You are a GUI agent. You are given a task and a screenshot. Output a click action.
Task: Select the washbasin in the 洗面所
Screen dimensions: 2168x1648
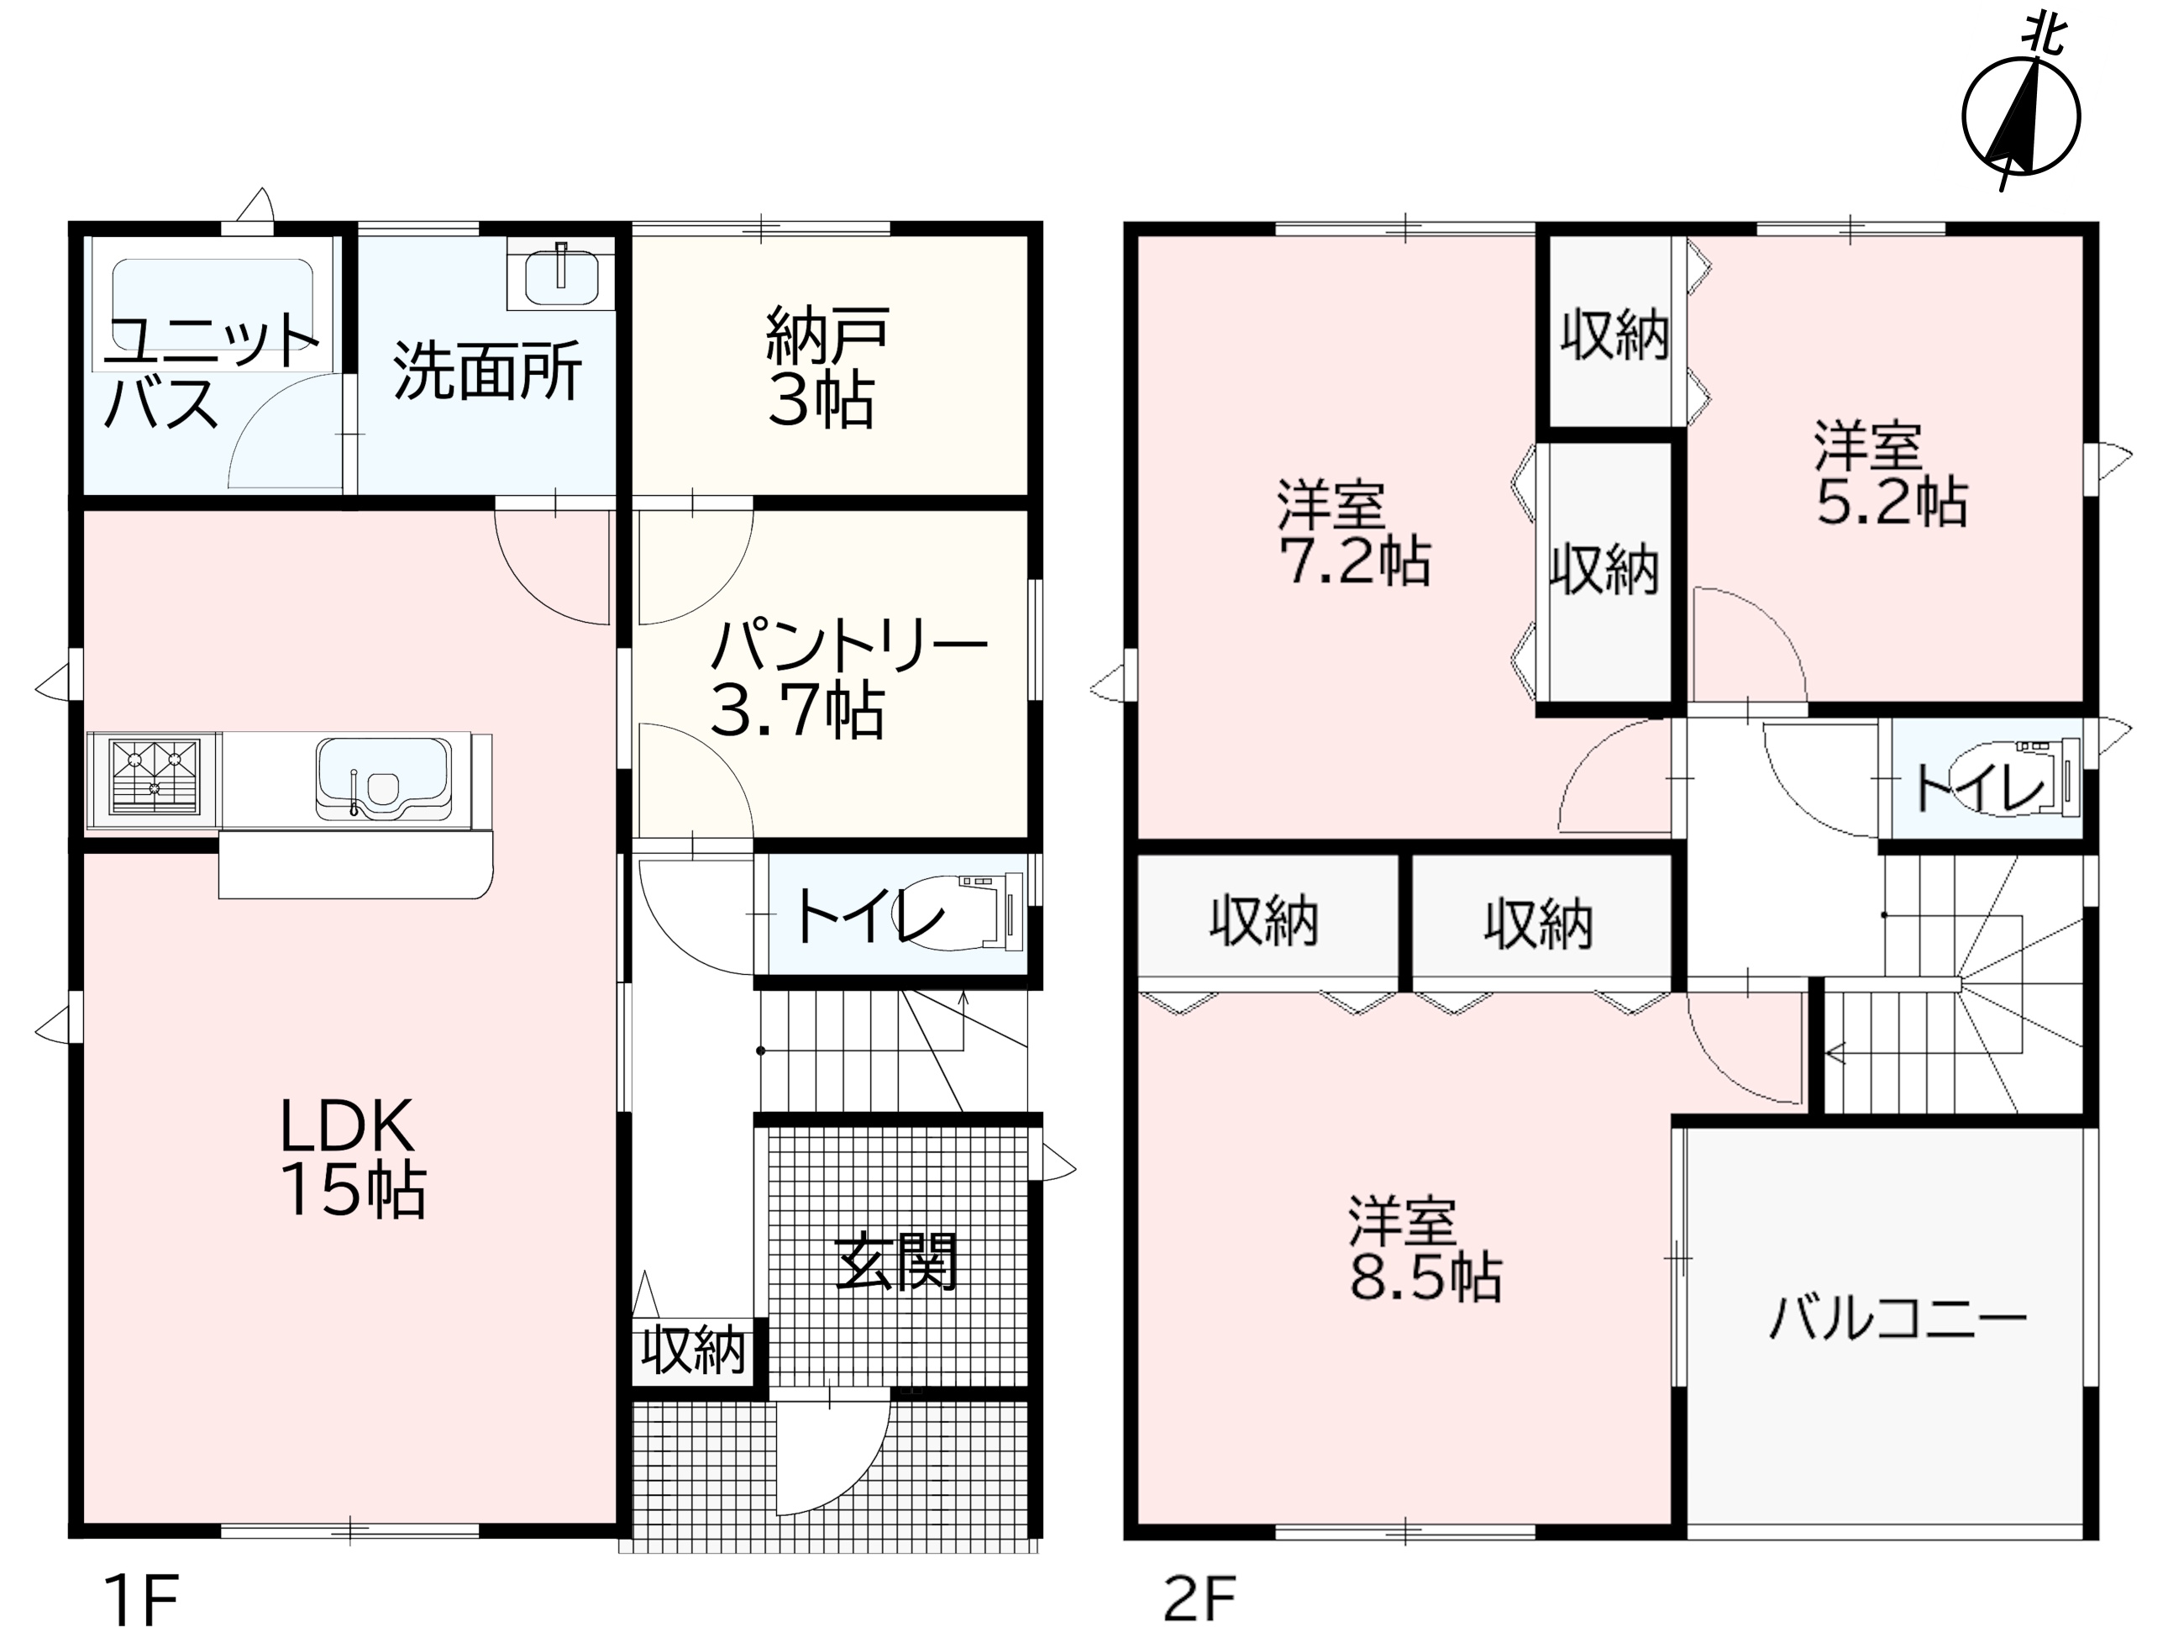tap(561, 276)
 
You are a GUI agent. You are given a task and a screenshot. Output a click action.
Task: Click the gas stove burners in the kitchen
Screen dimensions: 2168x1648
tap(154, 777)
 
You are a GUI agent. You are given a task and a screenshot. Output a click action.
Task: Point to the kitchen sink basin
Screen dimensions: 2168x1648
tap(383, 780)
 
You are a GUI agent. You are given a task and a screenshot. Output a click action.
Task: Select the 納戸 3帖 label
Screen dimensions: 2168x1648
tap(826, 367)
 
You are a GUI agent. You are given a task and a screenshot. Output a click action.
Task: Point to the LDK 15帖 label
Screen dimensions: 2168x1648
tap(352, 1157)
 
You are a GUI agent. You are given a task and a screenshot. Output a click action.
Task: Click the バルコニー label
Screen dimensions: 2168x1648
tap(1898, 1319)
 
